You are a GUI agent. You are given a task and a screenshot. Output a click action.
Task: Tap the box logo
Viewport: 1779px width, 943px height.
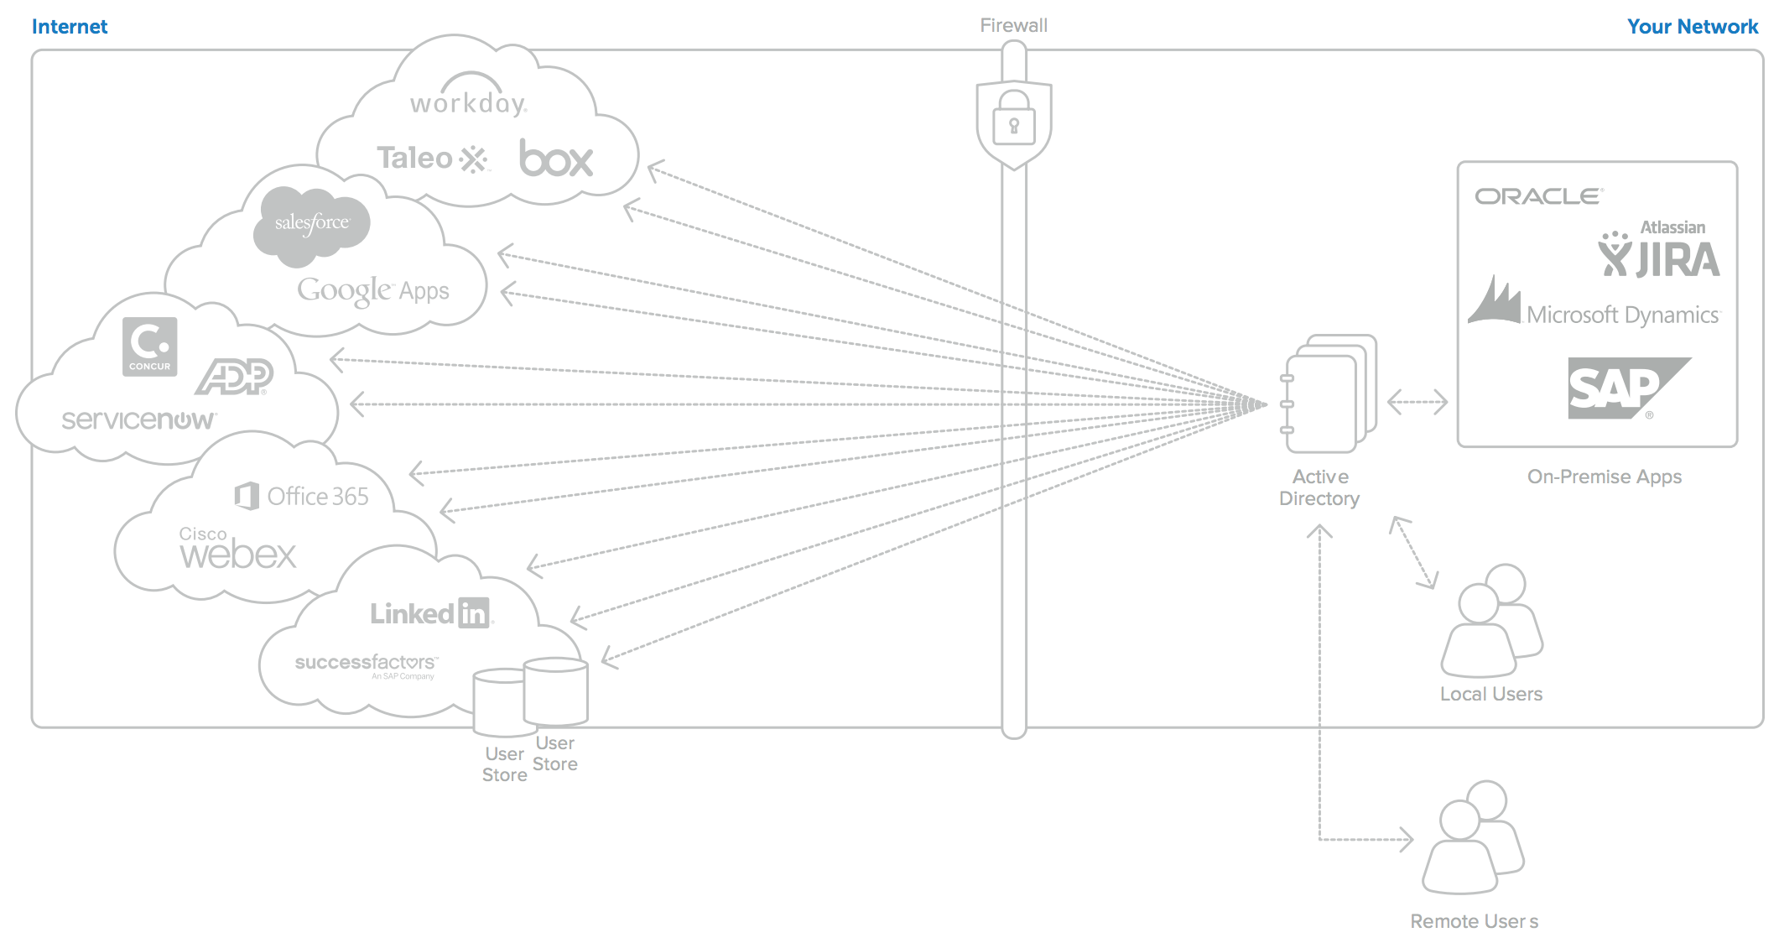[555, 159]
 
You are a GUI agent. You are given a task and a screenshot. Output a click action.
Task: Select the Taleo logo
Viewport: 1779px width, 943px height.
[431, 158]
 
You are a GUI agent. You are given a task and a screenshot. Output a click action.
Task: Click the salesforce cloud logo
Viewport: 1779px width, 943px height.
[312, 222]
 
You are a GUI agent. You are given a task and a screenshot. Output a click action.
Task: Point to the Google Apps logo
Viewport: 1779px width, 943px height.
[373, 290]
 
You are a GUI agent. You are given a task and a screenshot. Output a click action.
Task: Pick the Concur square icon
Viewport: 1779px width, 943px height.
[149, 346]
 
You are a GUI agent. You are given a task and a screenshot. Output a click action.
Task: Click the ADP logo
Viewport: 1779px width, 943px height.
[235, 376]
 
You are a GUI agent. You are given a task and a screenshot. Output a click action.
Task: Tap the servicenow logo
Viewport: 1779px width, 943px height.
[138, 419]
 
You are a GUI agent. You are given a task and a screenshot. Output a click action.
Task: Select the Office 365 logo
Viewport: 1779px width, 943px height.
[302, 496]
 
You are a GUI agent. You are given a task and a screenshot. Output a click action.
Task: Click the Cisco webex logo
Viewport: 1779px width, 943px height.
[237, 549]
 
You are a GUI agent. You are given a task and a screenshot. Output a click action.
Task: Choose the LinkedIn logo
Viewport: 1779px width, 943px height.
[430, 613]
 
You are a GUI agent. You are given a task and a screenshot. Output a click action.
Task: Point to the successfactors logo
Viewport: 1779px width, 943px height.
[366, 664]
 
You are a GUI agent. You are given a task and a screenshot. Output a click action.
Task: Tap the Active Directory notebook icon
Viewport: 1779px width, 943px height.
[1328, 393]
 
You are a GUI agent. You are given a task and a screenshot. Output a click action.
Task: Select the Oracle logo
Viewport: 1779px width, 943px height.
[1538, 196]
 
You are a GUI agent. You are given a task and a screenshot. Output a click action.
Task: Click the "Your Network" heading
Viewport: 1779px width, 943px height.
[1692, 27]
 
